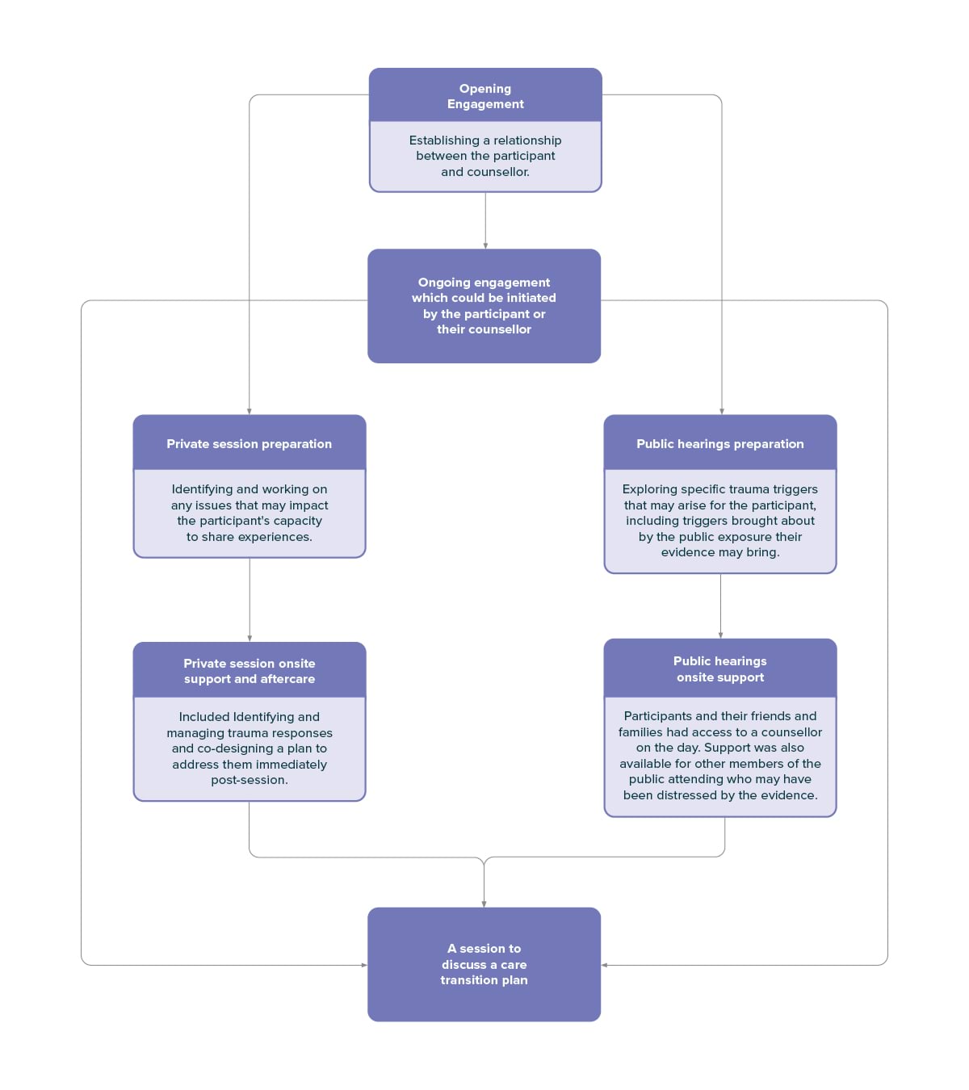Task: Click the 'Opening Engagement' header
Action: (x=484, y=96)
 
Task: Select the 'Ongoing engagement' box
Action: (x=484, y=305)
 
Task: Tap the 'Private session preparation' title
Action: (x=249, y=444)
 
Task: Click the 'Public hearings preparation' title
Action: (x=720, y=444)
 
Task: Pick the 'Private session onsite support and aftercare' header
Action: (x=249, y=671)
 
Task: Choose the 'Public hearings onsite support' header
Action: (x=720, y=669)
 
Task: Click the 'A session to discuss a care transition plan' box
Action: (x=484, y=964)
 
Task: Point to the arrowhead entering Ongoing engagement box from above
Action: (x=485, y=246)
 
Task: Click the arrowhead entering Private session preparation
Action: (x=249, y=412)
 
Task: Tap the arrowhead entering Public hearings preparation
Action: (x=722, y=412)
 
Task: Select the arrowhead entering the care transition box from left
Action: (x=364, y=965)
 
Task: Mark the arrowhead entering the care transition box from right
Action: (x=604, y=965)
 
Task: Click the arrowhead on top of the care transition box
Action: (x=484, y=904)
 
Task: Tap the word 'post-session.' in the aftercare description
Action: (x=249, y=780)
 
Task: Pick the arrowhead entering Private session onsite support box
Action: (x=249, y=639)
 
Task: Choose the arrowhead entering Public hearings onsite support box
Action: (x=720, y=635)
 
